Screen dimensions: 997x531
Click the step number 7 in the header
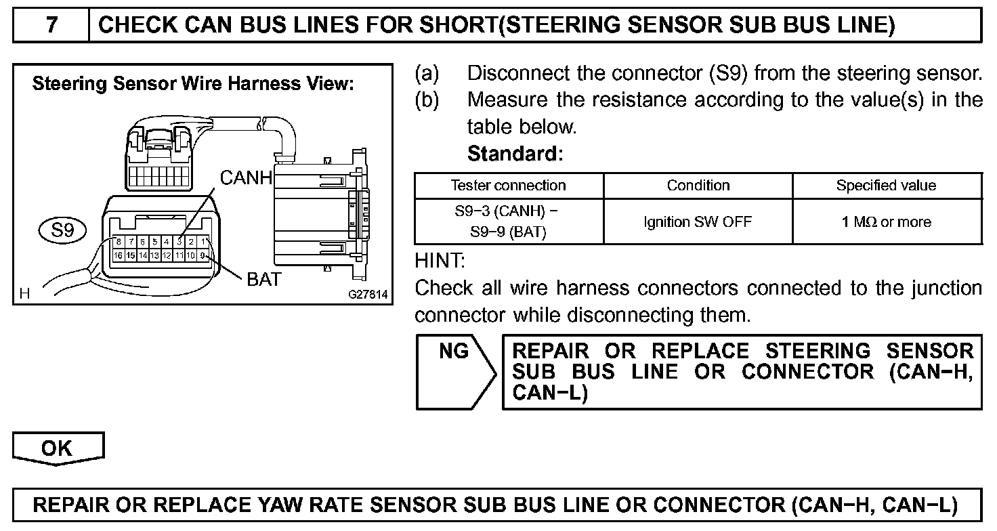click(x=51, y=25)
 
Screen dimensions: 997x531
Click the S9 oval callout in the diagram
click(x=62, y=230)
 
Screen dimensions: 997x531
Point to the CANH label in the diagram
click(x=246, y=178)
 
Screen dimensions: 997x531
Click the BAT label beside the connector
click(x=263, y=279)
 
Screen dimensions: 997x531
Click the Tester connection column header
click(x=508, y=186)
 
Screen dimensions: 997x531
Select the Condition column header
click(x=698, y=186)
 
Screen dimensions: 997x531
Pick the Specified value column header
click(x=886, y=186)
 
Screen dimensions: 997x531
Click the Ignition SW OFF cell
click(x=698, y=221)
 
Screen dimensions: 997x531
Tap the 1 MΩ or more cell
click(x=886, y=221)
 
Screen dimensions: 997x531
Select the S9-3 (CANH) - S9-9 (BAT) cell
click(x=508, y=221)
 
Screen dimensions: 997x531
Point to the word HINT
click(x=439, y=259)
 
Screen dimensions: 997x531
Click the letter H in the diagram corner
click(x=25, y=294)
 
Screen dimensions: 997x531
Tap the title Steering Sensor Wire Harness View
click(x=193, y=85)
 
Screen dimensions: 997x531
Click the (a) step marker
click(x=427, y=73)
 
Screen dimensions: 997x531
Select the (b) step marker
click(x=427, y=100)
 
